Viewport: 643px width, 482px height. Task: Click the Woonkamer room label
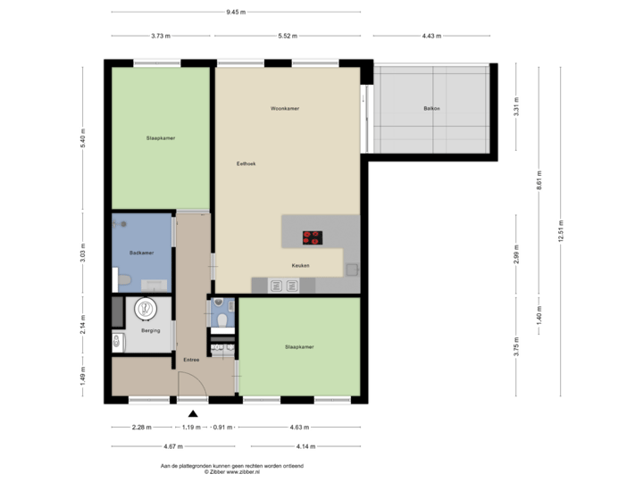pos(285,109)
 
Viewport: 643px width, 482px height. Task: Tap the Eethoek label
pos(246,163)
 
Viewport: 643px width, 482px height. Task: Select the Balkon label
pos(432,110)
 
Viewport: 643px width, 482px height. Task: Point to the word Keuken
pos(301,266)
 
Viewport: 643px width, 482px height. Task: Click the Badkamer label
pos(141,253)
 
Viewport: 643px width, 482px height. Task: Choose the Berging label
pos(151,330)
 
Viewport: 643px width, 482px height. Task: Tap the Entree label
pos(191,360)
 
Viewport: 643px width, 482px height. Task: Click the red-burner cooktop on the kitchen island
pos(312,237)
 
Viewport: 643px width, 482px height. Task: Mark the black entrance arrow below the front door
pos(193,411)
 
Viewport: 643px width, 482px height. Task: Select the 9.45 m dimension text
pos(236,12)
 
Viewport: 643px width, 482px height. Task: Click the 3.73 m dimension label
pos(161,36)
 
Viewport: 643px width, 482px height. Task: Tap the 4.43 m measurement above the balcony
pos(431,36)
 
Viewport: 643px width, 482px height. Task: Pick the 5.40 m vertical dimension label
pos(82,137)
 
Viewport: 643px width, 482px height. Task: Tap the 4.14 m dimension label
pos(305,446)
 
